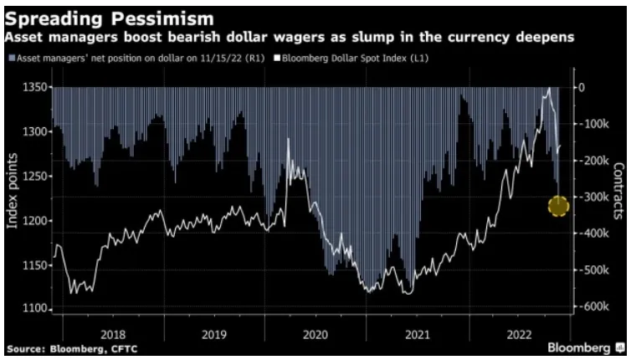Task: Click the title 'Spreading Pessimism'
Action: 110,17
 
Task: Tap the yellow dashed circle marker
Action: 558,205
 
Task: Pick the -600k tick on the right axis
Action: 595,308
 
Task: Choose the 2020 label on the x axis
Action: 315,332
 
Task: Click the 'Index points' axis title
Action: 12,198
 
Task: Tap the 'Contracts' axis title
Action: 619,198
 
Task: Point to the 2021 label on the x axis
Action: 418,332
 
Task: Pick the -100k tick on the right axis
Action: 595,124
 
